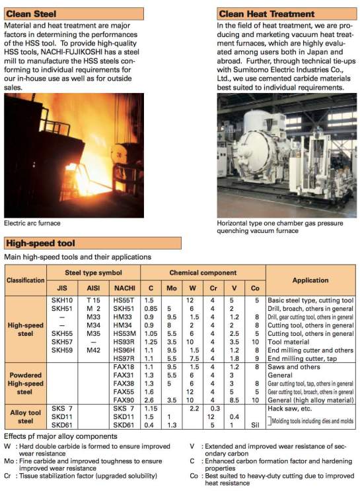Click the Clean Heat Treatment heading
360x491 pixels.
point(266,13)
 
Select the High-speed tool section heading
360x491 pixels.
point(40,244)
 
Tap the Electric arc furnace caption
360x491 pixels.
point(32,222)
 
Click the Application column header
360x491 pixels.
point(310,280)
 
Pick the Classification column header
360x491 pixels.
point(26,280)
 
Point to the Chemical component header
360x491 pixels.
point(202,273)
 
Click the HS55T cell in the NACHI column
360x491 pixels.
point(123,300)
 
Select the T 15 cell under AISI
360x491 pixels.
point(92,300)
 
